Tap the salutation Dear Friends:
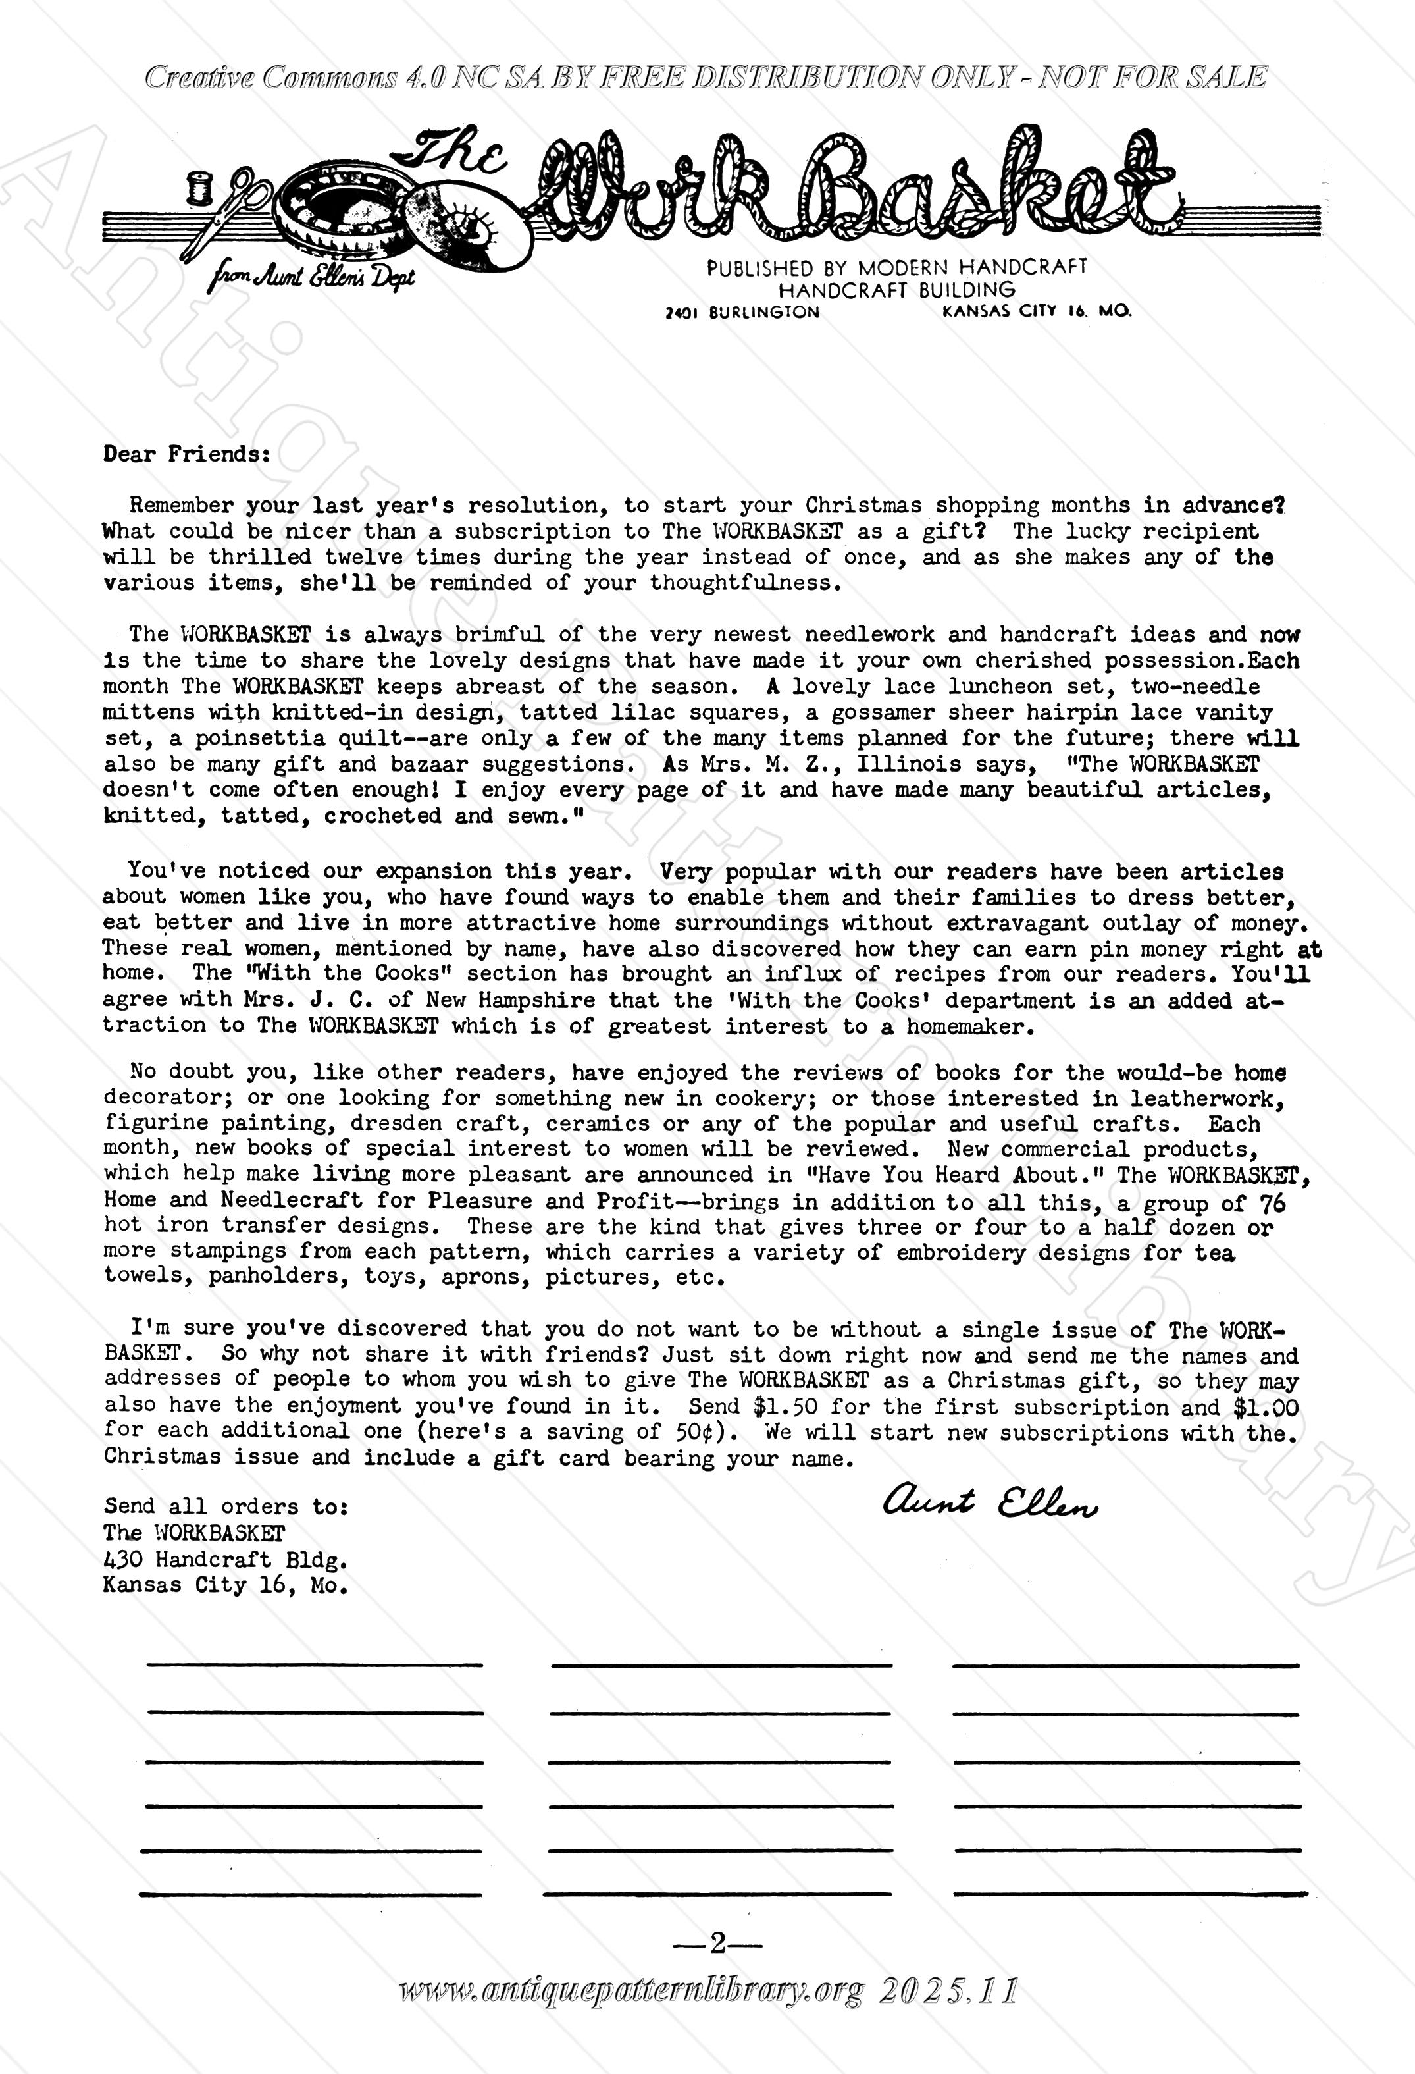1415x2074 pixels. tap(186, 454)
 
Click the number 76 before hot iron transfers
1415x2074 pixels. tap(1273, 1203)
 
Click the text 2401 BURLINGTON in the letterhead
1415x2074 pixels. tap(742, 312)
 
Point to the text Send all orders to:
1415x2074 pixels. tap(226, 1507)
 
